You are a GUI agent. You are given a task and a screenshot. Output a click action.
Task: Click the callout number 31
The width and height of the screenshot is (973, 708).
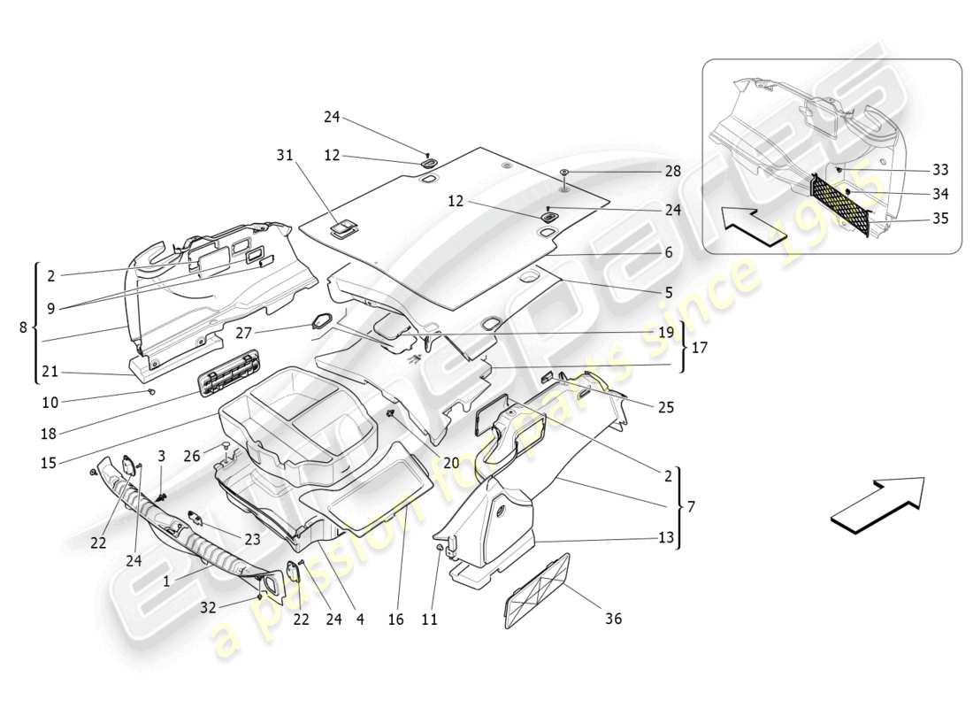click(284, 155)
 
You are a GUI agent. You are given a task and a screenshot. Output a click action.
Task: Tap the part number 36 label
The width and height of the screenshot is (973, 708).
click(612, 619)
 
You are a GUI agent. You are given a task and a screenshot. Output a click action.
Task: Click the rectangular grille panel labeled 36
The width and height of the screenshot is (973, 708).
click(537, 590)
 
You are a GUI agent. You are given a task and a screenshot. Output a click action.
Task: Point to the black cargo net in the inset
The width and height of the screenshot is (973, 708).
click(840, 204)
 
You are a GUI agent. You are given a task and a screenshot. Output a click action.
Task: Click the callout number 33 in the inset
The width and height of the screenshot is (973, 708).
click(939, 170)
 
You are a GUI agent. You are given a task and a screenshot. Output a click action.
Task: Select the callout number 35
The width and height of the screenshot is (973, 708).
click(939, 218)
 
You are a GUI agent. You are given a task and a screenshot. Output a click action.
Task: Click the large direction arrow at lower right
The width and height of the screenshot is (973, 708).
click(877, 504)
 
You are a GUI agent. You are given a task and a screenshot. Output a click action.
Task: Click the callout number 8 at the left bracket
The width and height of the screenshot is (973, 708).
click(23, 327)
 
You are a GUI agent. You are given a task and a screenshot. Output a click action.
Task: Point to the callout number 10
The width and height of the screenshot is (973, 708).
click(50, 403)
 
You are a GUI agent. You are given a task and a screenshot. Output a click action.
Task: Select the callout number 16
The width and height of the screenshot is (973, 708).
click(395, 619)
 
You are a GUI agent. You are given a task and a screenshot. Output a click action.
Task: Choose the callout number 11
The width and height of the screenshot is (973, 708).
click(429, 619)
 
